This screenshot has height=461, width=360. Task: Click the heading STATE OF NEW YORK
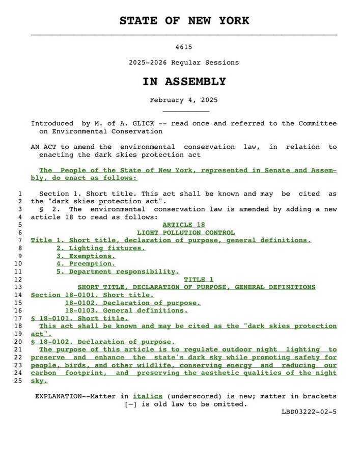pos(184,21)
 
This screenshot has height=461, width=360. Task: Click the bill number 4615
pos(183,47)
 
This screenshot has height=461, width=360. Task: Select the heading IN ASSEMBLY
pos(184,82)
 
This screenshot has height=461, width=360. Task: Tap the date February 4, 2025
pos(184,100)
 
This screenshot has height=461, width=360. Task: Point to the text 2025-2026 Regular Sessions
pos(184,63)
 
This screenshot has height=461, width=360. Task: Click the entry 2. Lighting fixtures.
pos(101,248)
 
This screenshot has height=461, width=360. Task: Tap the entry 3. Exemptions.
pos(86,256)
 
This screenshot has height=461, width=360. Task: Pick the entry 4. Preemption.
pos(86,263)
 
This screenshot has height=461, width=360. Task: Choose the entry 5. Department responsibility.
pos(118,272)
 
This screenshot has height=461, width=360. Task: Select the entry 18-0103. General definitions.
pos(126,310)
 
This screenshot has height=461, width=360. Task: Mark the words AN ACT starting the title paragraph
pos(42,147)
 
